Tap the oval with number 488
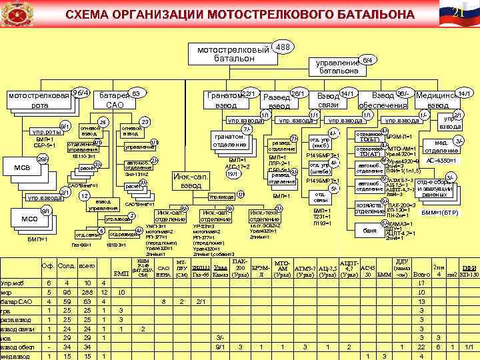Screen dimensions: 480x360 point(283,47)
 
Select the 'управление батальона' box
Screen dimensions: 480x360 point(339,65)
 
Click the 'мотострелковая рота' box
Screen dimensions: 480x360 point(39,100)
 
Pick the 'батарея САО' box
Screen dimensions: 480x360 point(114,100)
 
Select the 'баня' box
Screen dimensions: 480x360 point(369,231)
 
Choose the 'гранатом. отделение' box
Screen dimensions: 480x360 point(229,140)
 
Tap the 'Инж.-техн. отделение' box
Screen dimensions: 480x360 point(265,216)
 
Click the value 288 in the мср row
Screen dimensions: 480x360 point(86,292)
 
